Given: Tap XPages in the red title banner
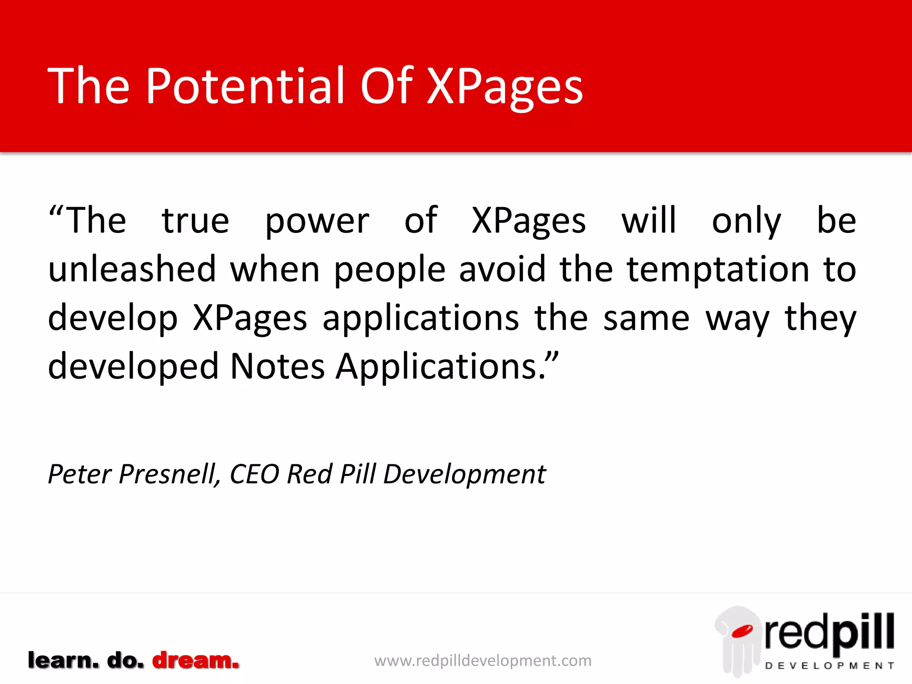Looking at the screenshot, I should [x=505, y=87].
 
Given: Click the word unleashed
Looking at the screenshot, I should [x=132, y=269].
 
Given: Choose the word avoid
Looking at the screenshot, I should [x=502, y=269].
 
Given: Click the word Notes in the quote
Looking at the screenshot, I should [x=277, y=366].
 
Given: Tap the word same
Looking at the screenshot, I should [x=646, y=318].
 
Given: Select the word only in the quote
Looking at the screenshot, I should [x=746, y=222].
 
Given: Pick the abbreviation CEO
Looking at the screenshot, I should [x=254, y=474].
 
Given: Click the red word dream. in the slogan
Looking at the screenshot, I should [x=195, y=660].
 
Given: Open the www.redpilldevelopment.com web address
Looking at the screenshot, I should [x=483, y=660].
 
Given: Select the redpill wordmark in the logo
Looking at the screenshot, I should [x=829, y=632].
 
